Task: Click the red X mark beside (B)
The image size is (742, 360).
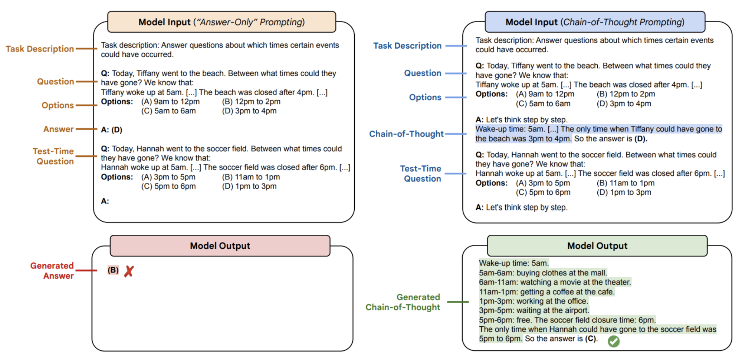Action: [x=129, y=271]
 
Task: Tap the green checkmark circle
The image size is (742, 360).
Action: [x=614, y=341]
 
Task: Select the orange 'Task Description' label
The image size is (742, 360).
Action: [x=40, y=49]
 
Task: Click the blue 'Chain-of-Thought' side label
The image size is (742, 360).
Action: [x=406, y=134]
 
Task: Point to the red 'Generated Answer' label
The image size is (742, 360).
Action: [x=52, y=271]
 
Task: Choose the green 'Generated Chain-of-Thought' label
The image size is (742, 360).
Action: [x=403, y=302]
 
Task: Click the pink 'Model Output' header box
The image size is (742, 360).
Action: [x=220, y=246]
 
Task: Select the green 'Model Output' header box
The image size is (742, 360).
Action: [x=597, y=246]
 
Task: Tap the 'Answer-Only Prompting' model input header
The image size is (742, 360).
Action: [x=221, y=22]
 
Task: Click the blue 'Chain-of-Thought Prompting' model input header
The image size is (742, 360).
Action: [x=595, y=22]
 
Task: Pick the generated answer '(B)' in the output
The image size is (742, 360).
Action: [x=113, y=270]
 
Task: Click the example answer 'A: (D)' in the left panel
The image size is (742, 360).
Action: [x=112, y=130]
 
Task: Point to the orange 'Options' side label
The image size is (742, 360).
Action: [x=58, y=105]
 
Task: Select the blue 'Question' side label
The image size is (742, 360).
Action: [x=423, y=73]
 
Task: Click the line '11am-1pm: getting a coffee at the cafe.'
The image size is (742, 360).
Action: [x=547, y=292]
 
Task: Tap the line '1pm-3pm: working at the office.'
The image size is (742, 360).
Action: [x=533, y=301]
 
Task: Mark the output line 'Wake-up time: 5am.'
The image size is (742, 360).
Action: [x=514, y=263]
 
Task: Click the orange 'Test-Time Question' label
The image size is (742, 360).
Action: [x=53, y=156]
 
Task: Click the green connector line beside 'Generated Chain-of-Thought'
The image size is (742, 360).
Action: [x=458, y=302]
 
